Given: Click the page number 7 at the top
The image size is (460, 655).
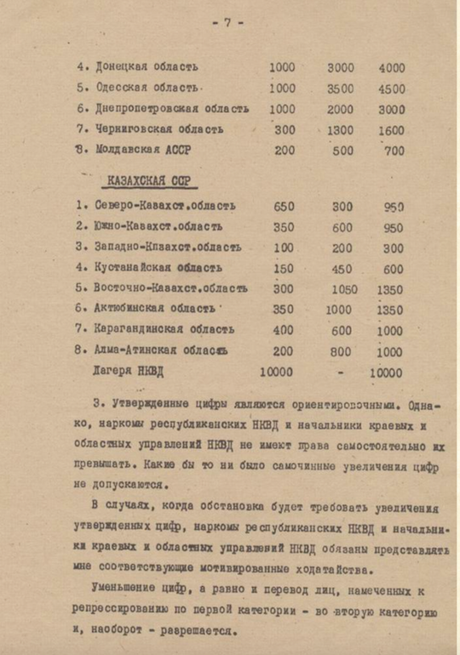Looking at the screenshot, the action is tap(227, 24).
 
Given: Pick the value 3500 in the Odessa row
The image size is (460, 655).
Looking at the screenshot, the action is tap(341, 88).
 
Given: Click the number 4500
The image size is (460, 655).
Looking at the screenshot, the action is tap(392, 88).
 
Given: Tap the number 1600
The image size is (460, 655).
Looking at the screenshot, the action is tap(392, 130).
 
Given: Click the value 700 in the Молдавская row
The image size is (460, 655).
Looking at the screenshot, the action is tap(394, 151).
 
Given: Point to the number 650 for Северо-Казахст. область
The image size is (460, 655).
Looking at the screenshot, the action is tap(285, 206).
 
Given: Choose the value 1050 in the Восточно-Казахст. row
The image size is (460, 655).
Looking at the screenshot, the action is tap(340, 288).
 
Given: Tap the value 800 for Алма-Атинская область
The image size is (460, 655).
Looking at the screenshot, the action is tap(341, 350).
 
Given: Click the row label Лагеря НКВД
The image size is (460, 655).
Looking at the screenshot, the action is tap(129, 372).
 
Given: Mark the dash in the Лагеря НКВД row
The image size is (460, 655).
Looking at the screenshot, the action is tap(339, 372).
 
